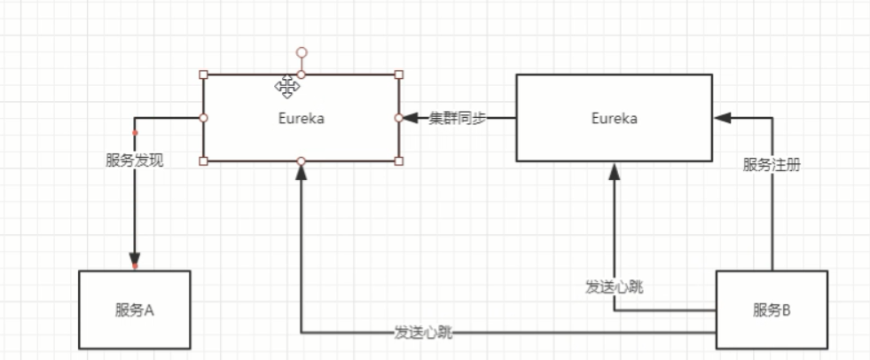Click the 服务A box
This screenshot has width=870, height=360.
(x=135, y=309)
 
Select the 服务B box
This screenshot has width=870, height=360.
(x=771, y=309)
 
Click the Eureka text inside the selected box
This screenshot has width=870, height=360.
(x=301, y=118)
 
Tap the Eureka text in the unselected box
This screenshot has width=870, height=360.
(x=614, y=118)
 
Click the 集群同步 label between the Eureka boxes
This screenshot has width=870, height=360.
(x=458, y=118)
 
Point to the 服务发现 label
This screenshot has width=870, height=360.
(x=135, y=160)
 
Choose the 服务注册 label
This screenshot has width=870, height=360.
(x=772, y=164)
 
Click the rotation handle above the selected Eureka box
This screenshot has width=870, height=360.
(x=302, y=53)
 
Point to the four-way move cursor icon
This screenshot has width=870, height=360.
(x=286, y=86)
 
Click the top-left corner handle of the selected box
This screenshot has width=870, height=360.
(x=204, y=74)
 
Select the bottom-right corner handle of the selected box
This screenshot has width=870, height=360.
(x=398, y=160)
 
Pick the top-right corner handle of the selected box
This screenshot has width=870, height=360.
(x=398, y=74)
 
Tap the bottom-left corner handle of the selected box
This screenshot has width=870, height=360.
(x=204, y=160)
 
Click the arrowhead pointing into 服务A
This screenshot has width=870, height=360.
(x=135, y=261)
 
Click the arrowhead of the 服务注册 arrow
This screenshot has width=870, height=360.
(x=722, y=118)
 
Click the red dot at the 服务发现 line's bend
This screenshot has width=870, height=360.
(x=135, y=133)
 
